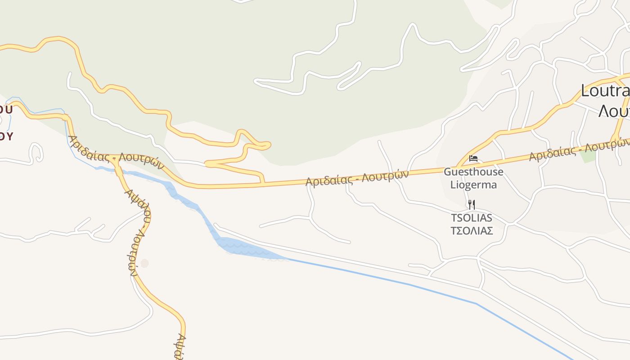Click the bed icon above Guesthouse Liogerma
tap(473, 158)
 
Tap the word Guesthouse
tap(473, 172)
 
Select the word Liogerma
tap(473, 184)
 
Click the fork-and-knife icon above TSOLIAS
tap(471, 205)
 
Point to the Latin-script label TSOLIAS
tap(471, 218)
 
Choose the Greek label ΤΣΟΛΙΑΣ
tap(471, 231)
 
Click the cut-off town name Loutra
tap(605, 91)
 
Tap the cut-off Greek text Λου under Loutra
tap(613, 110)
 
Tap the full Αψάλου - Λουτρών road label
tap(138, 229)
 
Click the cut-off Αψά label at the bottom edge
tap(179, 347)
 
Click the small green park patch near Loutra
tap(587, 155)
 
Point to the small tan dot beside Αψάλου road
tap(144, 263)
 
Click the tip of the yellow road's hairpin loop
tap(269, 145)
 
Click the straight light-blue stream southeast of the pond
tap(405, 283)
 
